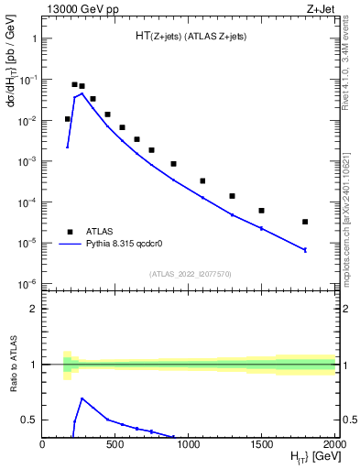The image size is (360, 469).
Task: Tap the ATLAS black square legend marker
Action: pos(70,232)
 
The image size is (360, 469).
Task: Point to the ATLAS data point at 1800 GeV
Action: pos(305,222)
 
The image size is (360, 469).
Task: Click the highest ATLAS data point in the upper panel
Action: pos(74,84)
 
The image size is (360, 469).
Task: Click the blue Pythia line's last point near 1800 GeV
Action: pos(305,249)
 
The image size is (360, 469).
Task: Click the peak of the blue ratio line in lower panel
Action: pos(82,398)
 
